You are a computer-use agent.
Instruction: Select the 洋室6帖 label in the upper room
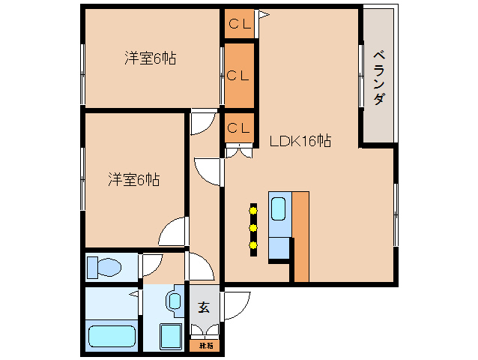(150, 58)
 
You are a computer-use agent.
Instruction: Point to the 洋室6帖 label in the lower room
(133, 180)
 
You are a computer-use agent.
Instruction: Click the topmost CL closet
(239, 23)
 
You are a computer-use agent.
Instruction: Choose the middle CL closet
(239, 75)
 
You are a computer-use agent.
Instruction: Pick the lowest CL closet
(239, 127)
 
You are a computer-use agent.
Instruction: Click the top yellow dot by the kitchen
(253, 211)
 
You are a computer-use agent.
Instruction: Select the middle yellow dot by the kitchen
(253, 227)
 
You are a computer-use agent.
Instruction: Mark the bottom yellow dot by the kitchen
(253, 244)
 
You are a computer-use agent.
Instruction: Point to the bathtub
(111, 335)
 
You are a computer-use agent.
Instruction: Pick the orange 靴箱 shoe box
(205, 346)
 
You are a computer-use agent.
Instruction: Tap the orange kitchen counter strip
(300, 236)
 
